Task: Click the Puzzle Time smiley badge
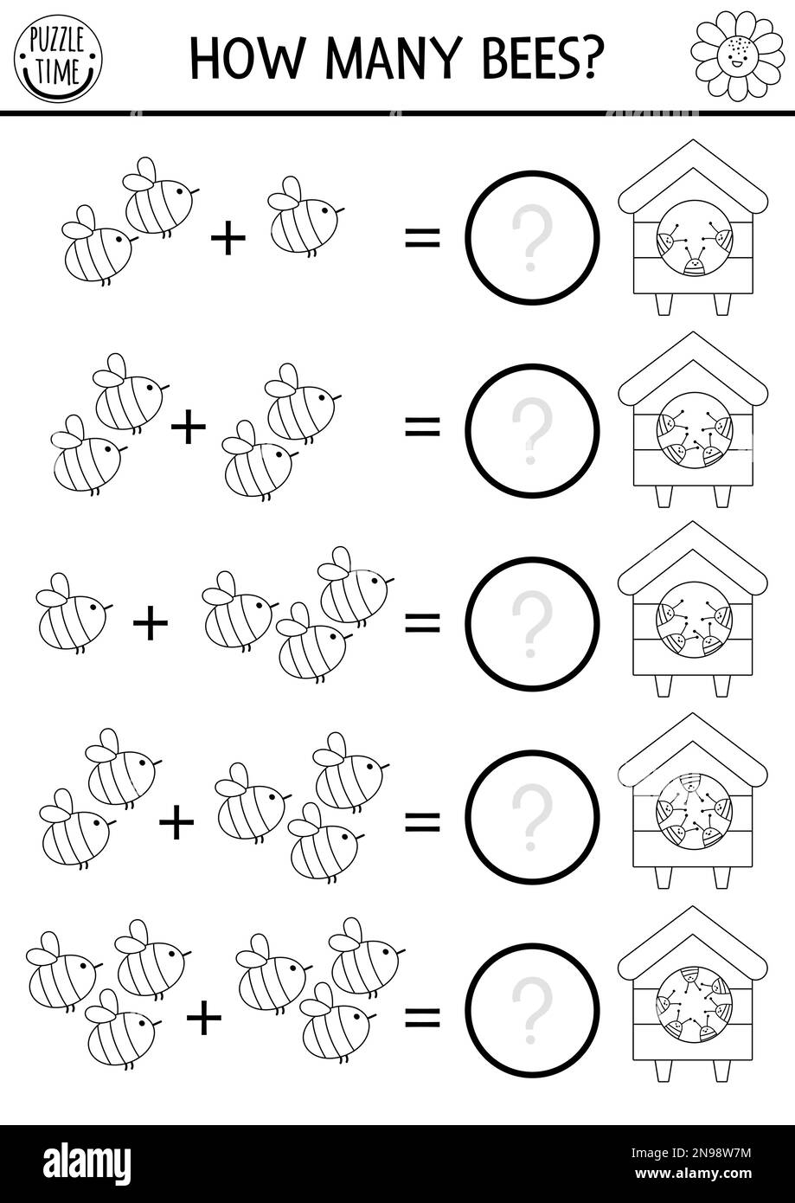58,59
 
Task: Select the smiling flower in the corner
738,55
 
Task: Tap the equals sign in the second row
422,428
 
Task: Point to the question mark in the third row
531,623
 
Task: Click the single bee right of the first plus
305,216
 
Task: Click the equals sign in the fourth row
422,822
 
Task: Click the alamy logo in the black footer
87,1161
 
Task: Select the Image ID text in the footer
691,1152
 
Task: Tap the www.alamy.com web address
693,1173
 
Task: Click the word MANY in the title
393,58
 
